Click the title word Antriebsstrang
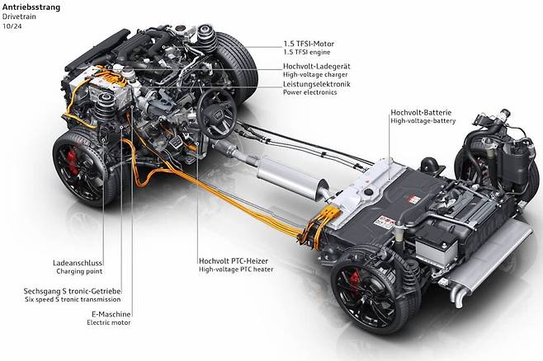[31, 7]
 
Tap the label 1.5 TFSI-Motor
[309, 44]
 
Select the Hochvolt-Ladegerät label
[317, 66]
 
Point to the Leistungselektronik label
[317, 84]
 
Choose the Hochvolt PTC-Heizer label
[234, 260]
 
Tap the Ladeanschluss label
[78, 263]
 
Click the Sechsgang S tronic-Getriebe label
[73, 291]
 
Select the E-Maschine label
[111, 314]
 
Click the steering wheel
[217, 110]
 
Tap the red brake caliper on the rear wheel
[355, 282]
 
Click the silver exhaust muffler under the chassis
[290, 178]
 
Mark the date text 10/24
[12, 26]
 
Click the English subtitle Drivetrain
[19, 16]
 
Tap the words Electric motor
[109, 322]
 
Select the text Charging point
[80, 271]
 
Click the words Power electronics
[310, 92]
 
